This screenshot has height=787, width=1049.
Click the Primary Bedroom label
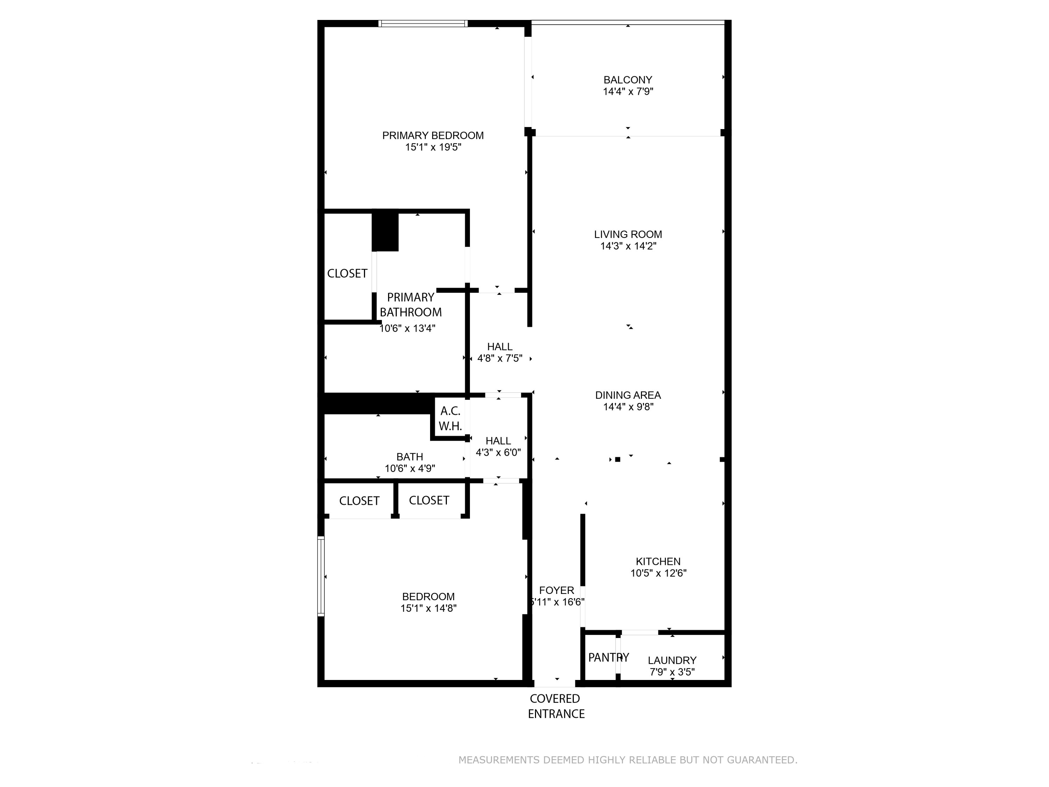[x=433, y=136]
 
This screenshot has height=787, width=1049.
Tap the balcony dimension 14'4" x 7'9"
[x=628, y=92]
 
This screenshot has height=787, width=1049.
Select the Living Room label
[x=628, y=234]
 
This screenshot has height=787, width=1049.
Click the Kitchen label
[x=658, y=562]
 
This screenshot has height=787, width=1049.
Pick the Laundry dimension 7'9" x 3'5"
[x=672, y=672]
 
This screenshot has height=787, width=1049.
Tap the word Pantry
[x=608, y=658]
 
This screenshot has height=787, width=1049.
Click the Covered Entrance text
[x=556, y=706]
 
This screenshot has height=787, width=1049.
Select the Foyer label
[x=556, y=591]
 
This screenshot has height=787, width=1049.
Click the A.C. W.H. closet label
[x=450, y=418]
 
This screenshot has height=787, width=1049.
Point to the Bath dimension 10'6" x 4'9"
[x=410, y=469]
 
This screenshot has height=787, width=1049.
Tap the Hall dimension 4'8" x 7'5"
[x=499, y=359]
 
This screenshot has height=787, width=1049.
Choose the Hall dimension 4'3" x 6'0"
[x=498, y=453]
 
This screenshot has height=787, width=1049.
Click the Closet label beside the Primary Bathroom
[x=347, y=274]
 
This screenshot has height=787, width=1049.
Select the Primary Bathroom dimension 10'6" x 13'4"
[x=407, y=328]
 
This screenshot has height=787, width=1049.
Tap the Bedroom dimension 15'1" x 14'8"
[x=428, y=609]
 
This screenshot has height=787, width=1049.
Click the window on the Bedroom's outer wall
[x=321, y=576]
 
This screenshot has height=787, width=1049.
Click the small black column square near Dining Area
[x=618, y=459]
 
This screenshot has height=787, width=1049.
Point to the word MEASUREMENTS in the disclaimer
[x=498, y=760]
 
